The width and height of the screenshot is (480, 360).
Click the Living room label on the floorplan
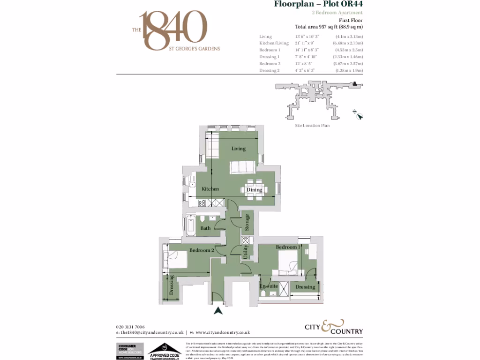click(x=238, y=149)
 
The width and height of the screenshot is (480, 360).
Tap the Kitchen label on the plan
click(x=210, y=189)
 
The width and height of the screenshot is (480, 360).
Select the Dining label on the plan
click(x=254, y=190)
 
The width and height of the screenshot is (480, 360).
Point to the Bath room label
click(x=206, y=228)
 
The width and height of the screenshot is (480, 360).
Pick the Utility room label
click(x=245, y=252)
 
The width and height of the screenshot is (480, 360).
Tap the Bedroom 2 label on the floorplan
click(x=202, y=250)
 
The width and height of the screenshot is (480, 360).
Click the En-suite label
click(x=269, y=286)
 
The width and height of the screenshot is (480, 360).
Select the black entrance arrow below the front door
click(x=217, y=310)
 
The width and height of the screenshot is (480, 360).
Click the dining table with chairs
click(x=253, y=186)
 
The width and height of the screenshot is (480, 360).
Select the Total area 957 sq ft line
click(x=329, y=27)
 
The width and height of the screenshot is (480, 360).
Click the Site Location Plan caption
click(x=312, y=126)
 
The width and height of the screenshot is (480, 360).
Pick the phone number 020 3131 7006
click(x=130, y=327)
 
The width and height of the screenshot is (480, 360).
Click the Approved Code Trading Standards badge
click(x=165, y=351)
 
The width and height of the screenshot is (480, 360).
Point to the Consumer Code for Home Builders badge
click(x=129, y=351)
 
